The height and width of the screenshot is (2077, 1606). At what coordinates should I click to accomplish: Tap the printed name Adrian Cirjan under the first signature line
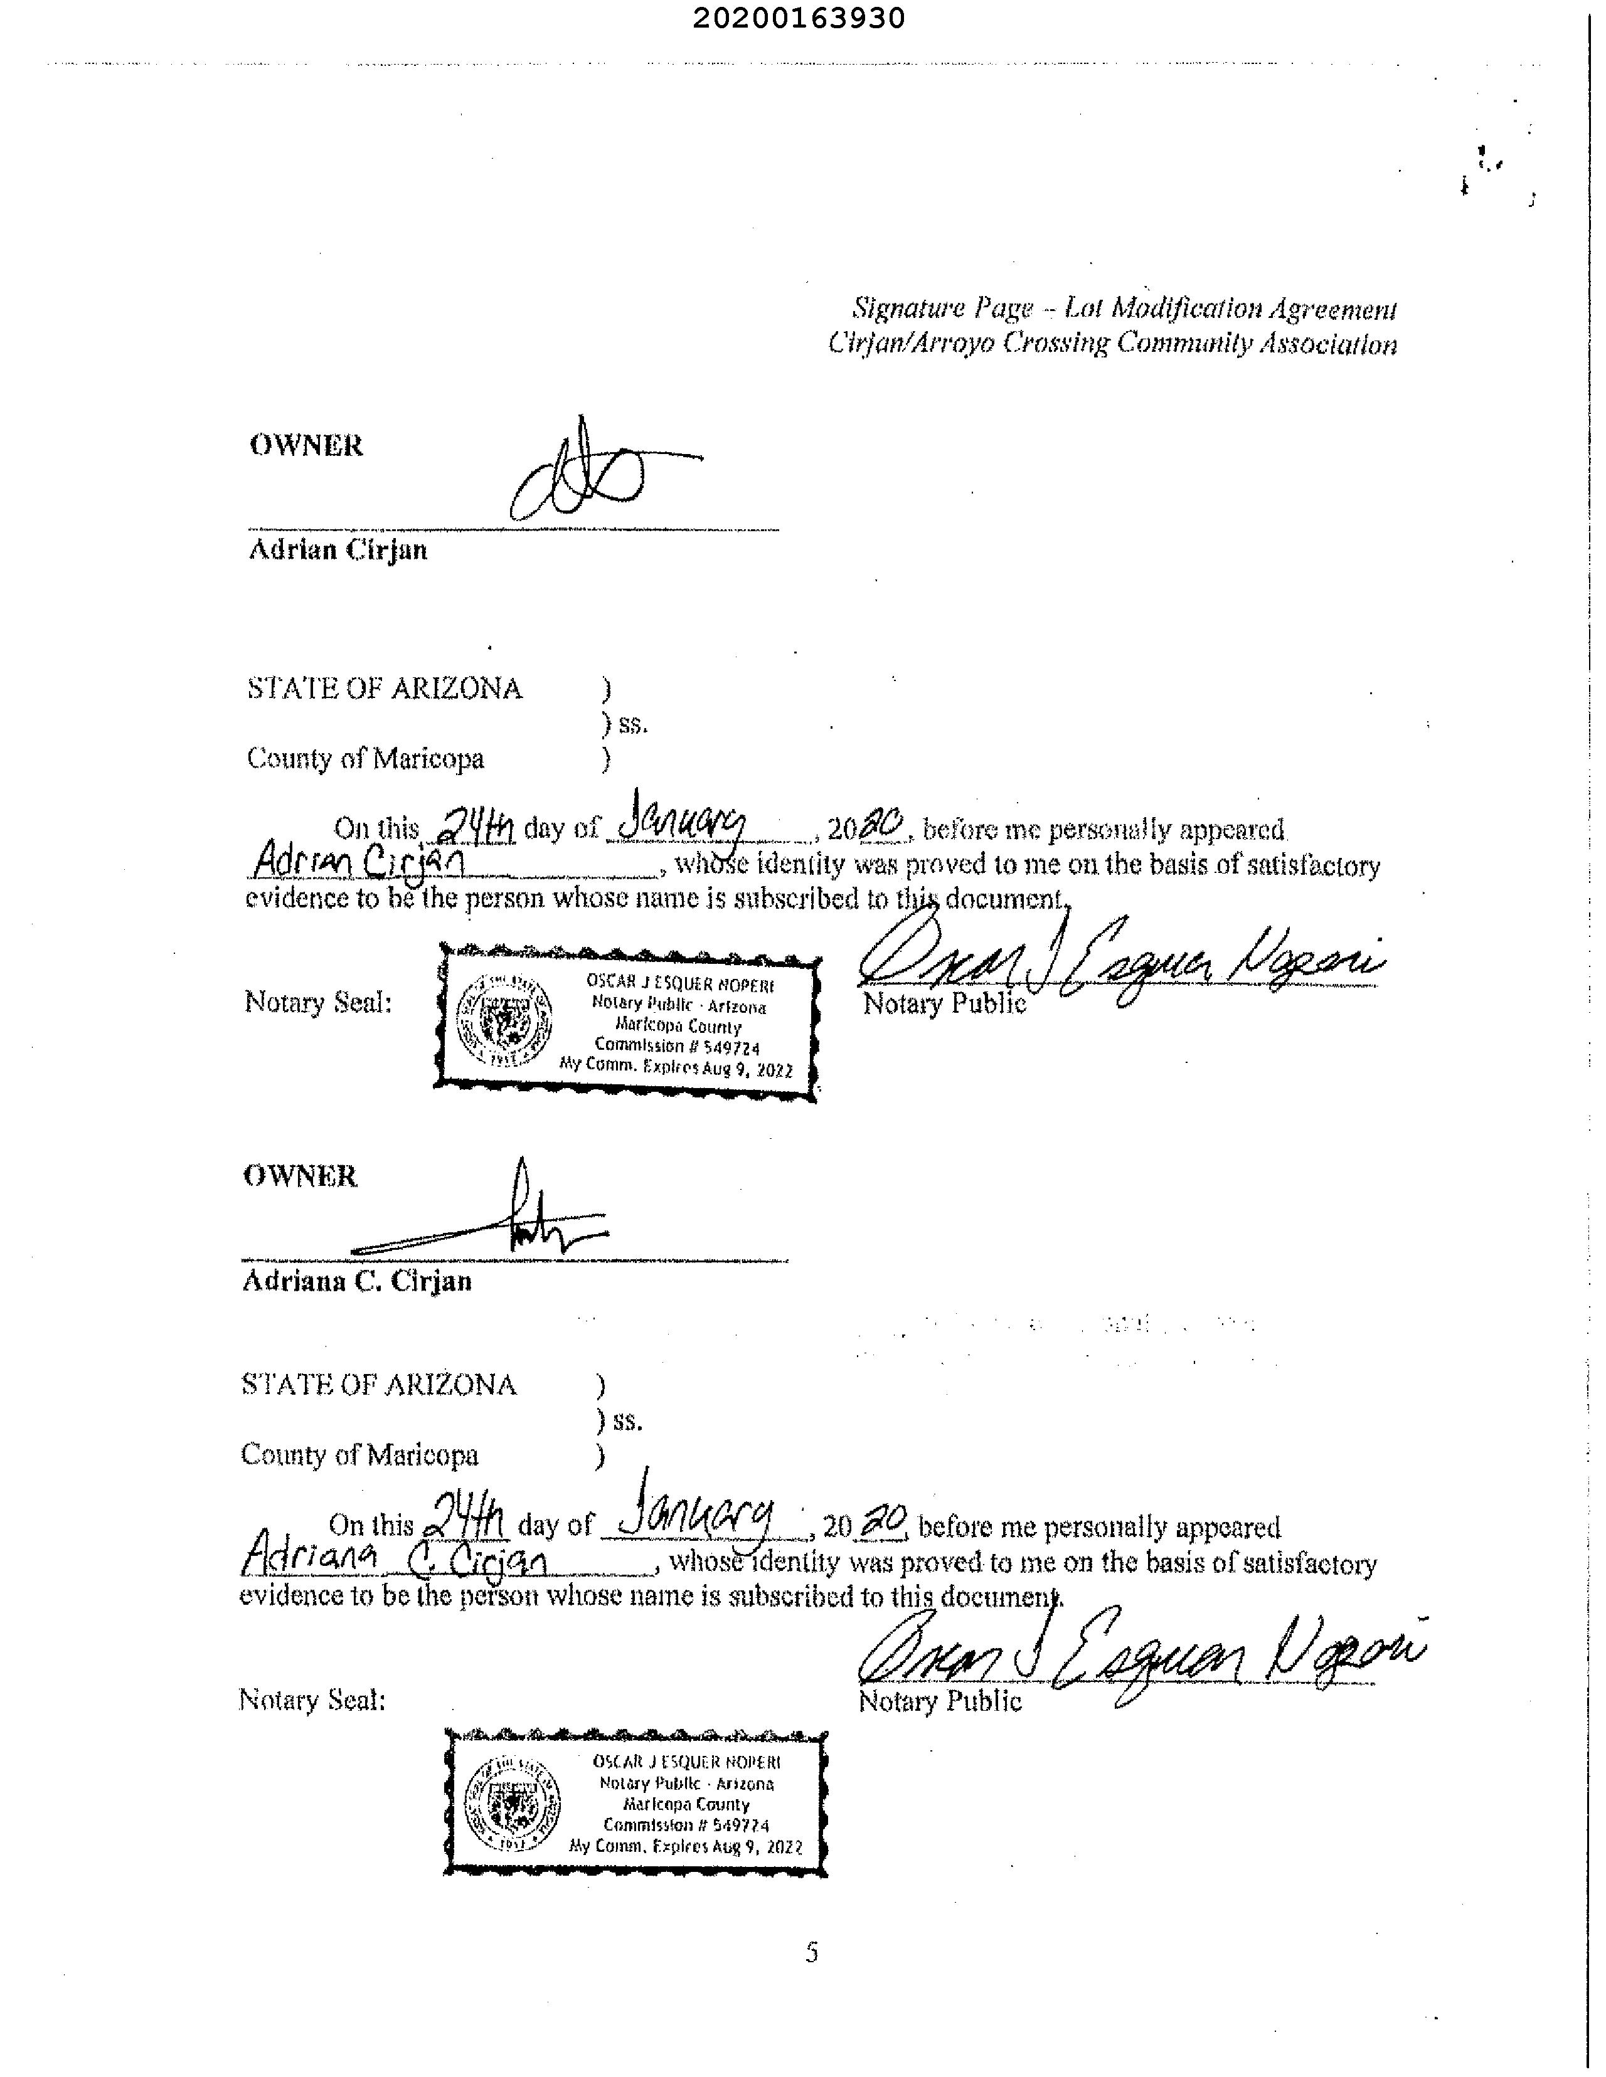(x=338, y=551)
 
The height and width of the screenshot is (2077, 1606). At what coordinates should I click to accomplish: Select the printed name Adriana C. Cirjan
(x=357, y=1281)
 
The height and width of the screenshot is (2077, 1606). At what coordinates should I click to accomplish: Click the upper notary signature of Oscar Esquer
(x=1118, y=965)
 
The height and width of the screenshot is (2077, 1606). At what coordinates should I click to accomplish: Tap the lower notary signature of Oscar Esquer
(x=1137, y=1659)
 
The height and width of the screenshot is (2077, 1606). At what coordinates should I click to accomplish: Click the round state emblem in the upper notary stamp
(x=504, y=1020)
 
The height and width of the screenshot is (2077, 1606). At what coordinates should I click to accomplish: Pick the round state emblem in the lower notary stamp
(x=512, y=1803)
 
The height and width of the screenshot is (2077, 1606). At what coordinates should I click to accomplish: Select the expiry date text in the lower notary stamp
(x=685, y=1847)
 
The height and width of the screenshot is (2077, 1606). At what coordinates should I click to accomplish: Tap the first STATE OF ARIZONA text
(x=385, y=689)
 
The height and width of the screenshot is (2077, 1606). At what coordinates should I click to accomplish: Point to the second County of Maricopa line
(x=359, y=1455)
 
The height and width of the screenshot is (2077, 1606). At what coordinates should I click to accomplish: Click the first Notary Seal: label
(x=318, y=1002)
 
